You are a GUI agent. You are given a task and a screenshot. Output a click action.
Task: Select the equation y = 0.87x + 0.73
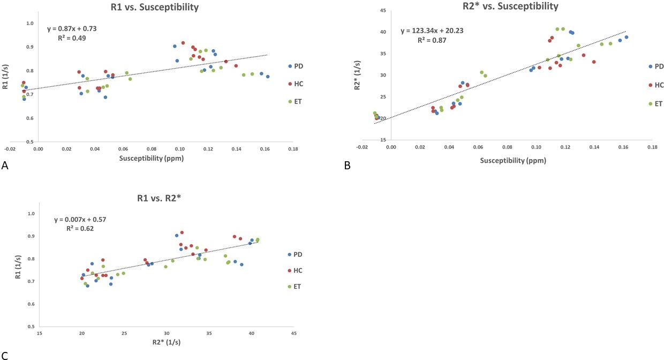72,28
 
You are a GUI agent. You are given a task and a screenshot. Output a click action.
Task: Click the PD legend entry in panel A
297,66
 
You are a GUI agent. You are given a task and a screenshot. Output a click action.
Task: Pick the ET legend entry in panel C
296,286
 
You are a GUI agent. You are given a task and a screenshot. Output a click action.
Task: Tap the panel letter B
347,166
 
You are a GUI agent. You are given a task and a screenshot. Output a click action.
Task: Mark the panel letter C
5,355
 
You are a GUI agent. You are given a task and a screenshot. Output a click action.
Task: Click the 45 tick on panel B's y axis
383,10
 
